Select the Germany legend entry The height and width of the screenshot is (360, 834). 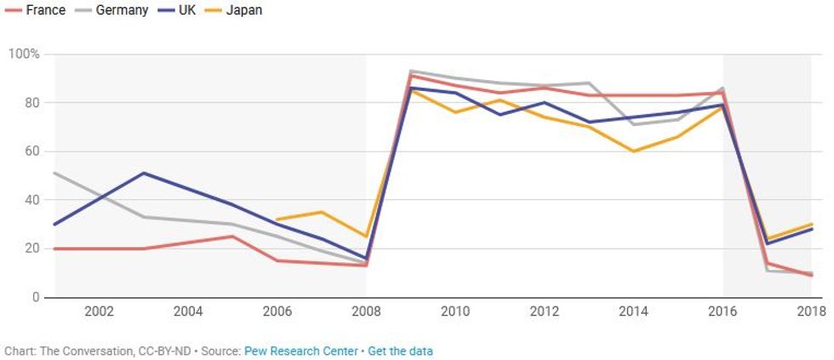(x=115, y=10)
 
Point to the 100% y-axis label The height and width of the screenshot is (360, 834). (x=24, y=54)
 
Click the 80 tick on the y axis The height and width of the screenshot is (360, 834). (x=30, y=103)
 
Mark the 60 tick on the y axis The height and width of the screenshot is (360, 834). (x=30, y=151)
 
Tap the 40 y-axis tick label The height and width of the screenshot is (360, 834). (x=30, y=200)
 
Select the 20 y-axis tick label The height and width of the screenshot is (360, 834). (x=30, y=249)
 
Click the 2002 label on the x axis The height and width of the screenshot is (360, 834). (x=100, y=311)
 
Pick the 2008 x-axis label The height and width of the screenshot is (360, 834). (x=366, y=311)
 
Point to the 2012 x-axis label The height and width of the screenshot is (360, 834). (x=544, y=311)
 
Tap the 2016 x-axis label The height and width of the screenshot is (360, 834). (x=723, y=311)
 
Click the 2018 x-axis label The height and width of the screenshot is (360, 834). (x=808, y=311)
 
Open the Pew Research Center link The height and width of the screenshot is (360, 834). (x=301, y=351)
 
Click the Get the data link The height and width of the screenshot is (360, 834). (x=400, y=351)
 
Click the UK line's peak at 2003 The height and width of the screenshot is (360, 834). (x=144, y=174)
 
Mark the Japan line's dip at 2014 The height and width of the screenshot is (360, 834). (x=633, y=151)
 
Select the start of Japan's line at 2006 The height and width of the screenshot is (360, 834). (x=277, y=220)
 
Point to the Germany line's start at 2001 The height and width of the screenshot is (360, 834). (x=55, y=174)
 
